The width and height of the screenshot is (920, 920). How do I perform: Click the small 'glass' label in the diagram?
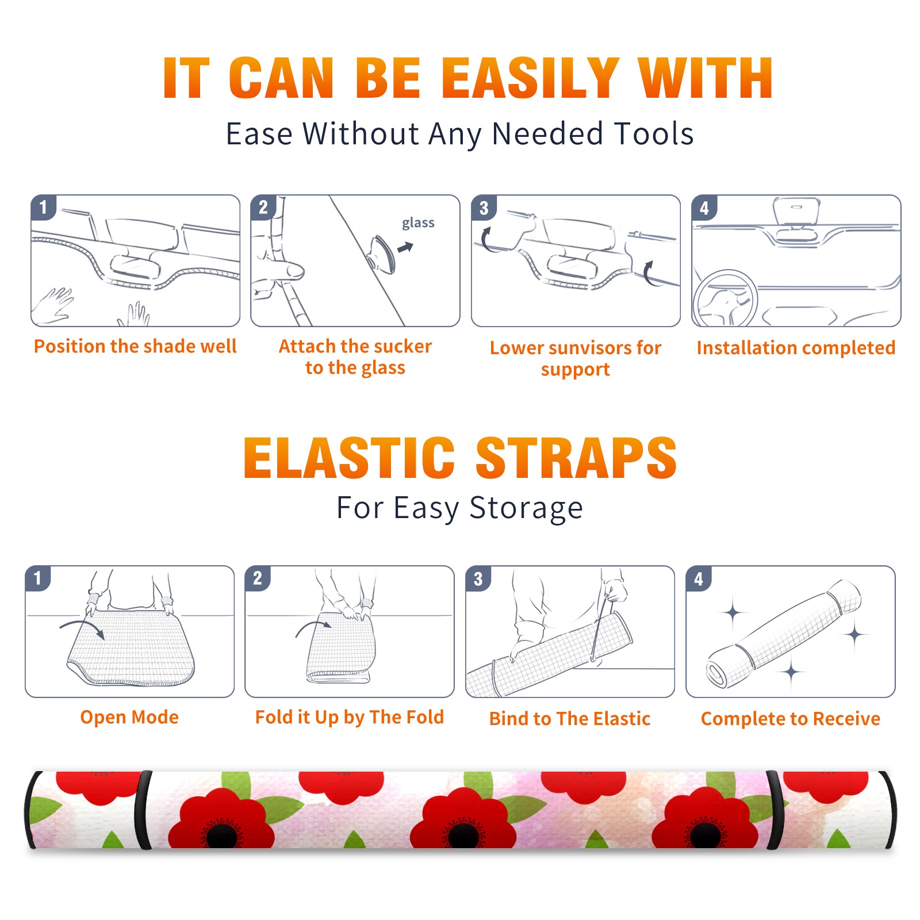point(418,223)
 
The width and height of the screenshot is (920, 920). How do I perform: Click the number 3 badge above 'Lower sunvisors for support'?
point(484,208)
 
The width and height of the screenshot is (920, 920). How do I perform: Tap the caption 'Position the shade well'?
point(135,347)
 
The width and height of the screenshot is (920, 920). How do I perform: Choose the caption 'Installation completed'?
point(796,348)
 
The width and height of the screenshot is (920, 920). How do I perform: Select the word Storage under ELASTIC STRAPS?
point(526,508)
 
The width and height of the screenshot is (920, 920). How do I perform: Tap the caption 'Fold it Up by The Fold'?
point(350,718)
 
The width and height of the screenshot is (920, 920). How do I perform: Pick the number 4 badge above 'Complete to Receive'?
point(699,578)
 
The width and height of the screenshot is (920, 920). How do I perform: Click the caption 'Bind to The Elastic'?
point(570,719)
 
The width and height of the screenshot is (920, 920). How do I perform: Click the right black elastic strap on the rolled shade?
point(775,810)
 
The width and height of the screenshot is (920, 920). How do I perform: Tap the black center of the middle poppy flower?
point(463,835)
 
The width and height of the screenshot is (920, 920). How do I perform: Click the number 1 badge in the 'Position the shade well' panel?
point(43,207)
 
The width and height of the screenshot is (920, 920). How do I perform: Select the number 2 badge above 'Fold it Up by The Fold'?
point(258,578)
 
